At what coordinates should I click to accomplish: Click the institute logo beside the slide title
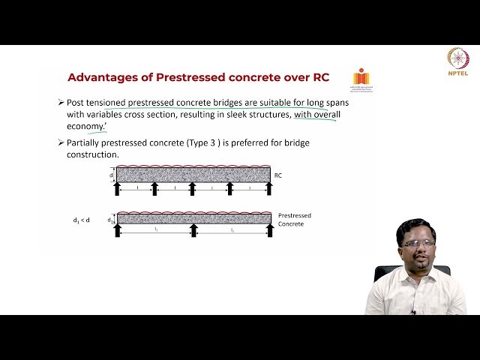pyautogui.click(x=361, y=78)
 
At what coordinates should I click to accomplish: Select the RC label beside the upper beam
pyautogui.click(x=278, y=175)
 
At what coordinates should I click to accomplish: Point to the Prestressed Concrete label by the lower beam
pyautogui.click(x=294, y=220)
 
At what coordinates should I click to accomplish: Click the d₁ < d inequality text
pyautogui.click(x=81, y=220)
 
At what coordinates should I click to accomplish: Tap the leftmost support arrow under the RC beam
pyautogui.click(x=117, y=188)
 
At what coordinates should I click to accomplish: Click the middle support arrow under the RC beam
pyautogui.click(x=193, y=188)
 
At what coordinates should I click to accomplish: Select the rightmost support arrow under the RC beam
pyautogui.click(x=269, y=188)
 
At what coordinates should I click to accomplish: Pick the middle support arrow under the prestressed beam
pyautogui.click(x=193, y=230)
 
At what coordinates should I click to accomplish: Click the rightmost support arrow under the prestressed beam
pyautogui.click(x=270, y=230)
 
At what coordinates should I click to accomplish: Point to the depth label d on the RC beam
pyautogui.click(x=111, y=175)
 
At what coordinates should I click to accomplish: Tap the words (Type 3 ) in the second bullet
pyautogui.click(x=215, y=142)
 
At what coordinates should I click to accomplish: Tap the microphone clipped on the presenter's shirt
pyautogui.click(x=413, y=310)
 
